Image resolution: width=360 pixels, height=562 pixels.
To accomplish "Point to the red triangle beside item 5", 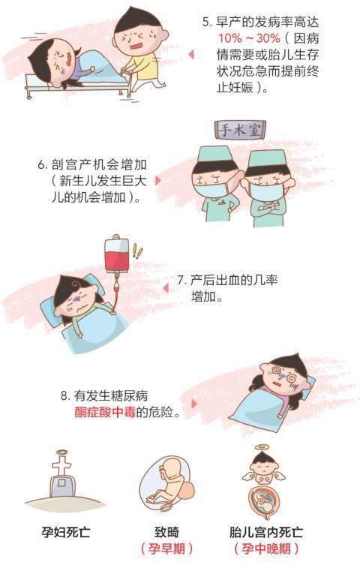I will [x=191, y=54].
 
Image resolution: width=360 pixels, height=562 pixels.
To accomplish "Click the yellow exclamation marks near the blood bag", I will [x=136, y=250].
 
